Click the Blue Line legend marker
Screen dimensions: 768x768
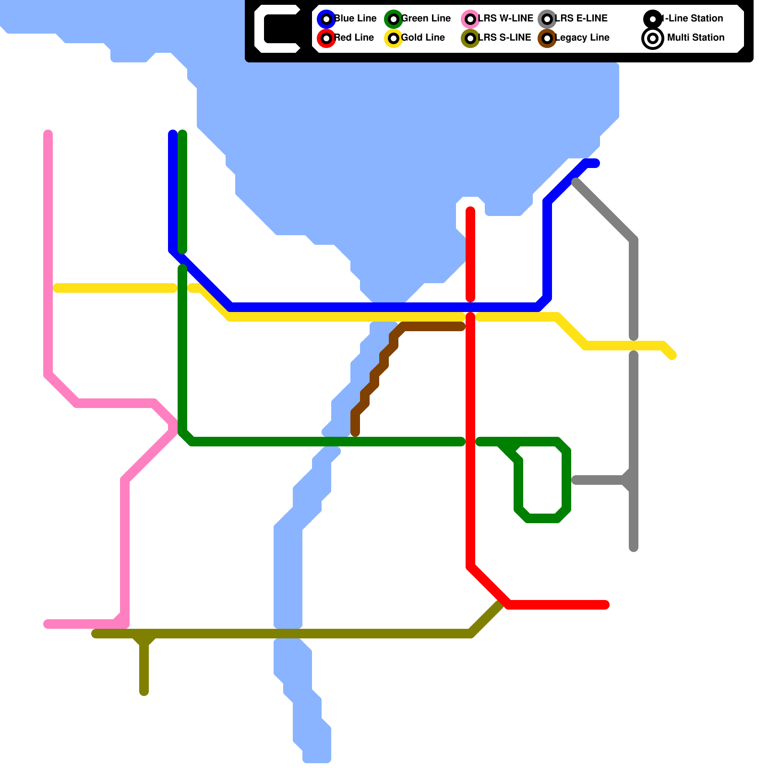(326, 19)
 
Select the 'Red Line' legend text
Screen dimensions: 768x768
(354, 37)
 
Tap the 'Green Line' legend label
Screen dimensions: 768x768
(426, 18)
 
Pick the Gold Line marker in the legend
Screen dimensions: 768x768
(394, 38)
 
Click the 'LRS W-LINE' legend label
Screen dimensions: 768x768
(505, 18)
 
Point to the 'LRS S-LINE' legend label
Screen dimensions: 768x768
(504, 37)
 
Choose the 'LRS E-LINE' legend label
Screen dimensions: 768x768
(581, 18)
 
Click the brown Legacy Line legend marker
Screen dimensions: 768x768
(547, 38)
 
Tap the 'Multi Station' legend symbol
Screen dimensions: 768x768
(653, 38)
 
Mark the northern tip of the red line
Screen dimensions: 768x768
(470, 210)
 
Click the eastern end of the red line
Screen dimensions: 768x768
(606, 605)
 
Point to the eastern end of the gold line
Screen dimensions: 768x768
(673, 356)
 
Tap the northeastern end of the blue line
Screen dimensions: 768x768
(596, 163)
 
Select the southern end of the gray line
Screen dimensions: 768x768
(634, 548)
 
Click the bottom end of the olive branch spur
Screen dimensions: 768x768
(144, 692)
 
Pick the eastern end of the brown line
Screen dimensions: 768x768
(462, 327)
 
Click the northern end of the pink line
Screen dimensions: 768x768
(48, 133)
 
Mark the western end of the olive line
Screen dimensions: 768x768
(95, 634)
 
